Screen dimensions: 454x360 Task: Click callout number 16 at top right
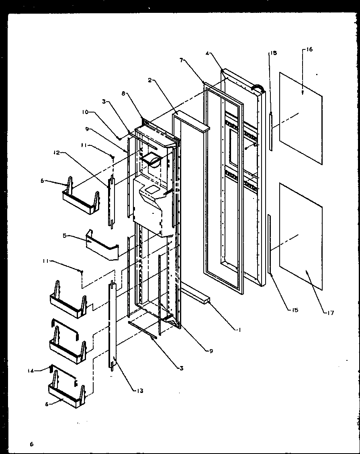[309, 49]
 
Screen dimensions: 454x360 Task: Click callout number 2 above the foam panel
[149, 80]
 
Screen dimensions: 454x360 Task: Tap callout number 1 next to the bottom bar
[239, 330]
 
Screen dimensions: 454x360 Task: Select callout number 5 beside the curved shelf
[64, 236]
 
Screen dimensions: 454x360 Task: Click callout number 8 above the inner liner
[124, 93]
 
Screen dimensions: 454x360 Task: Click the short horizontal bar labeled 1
[195, 295]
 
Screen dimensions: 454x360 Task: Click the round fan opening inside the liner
[152, 160]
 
